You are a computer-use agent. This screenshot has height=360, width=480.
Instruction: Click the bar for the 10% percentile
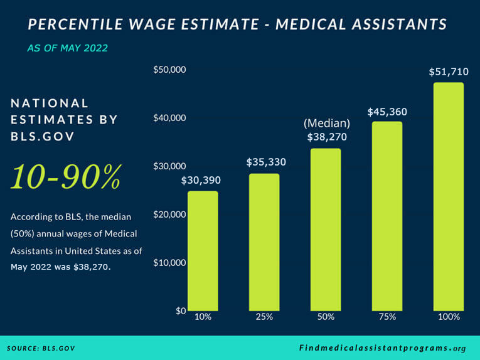[x=203, y=251]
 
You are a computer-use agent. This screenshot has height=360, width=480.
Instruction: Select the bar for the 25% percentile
[x=264, y=242]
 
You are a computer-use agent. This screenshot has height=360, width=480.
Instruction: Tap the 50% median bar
[x=326, y=230]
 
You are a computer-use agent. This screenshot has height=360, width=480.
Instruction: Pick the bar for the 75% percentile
[x=387, y=216]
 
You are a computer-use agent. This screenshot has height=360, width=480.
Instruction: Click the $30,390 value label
[x=201, y=181]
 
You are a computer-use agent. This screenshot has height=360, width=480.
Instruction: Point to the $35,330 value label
[x=265, y=162]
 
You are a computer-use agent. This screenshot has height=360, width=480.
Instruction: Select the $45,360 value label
[x=387, y=112]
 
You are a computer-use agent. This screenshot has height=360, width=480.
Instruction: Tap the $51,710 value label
[x=449, y=71]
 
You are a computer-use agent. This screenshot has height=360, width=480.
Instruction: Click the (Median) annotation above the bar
[x=326, y=124]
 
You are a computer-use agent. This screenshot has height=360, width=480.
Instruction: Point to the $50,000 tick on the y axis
[x=169, y=70]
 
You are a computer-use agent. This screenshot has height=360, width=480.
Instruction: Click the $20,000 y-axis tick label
[x=169, y=214]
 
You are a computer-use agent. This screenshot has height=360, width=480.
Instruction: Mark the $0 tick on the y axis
[x=180, y=310]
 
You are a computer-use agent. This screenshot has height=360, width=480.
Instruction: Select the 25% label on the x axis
[x=264, y=317]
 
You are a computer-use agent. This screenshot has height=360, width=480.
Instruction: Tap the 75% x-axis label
[x=387, y=317]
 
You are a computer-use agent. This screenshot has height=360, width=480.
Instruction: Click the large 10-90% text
[x=65, y=177]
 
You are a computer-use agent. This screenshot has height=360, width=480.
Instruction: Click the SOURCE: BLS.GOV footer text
[x=41, y=348]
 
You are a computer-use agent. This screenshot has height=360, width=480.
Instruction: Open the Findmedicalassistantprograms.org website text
[x=382, y=348]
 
